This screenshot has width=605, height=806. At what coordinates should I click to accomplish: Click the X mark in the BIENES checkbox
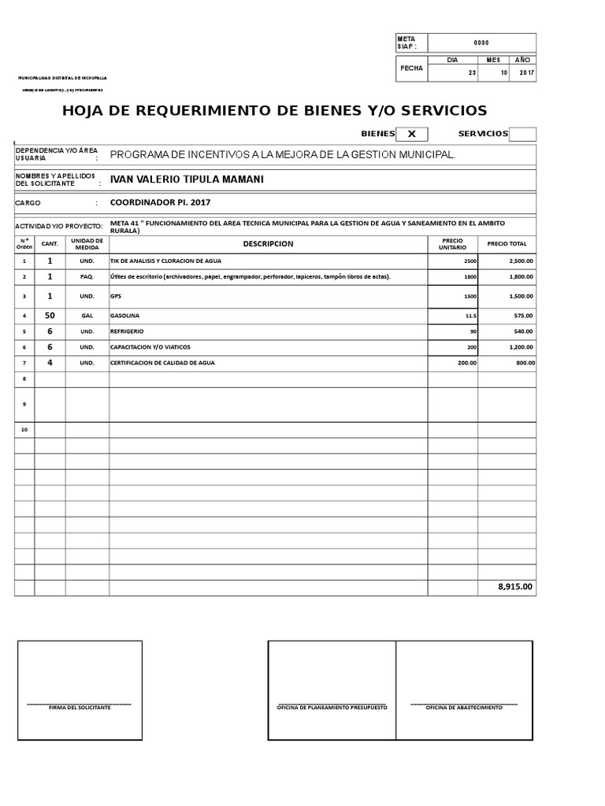[411, 134]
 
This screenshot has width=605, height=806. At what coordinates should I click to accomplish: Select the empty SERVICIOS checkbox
[522, 134]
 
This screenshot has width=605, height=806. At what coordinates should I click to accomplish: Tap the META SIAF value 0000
[481, 43]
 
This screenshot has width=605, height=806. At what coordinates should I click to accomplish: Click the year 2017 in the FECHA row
[526, 73]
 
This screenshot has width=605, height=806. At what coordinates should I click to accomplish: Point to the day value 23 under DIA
[472, 73]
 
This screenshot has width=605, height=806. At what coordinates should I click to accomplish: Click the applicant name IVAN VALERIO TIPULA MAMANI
[187, 179]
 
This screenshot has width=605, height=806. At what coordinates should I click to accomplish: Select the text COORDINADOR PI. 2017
[161, 202]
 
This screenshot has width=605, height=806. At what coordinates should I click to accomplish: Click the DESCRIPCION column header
[268, 244]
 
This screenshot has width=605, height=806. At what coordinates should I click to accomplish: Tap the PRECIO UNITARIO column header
[452, 244]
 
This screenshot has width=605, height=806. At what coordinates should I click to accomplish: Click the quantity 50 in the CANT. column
[50, 315]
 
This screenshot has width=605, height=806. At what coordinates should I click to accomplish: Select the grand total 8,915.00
[515, 586]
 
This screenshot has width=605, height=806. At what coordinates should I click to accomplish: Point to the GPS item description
[116, 296]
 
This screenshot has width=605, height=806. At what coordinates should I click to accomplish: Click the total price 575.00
[523, 315]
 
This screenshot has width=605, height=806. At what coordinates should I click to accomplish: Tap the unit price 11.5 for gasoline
[470, 315]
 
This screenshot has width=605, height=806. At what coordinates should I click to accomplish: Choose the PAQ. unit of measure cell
[87, 277]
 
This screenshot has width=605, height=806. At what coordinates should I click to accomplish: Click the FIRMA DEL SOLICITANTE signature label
[80, 708]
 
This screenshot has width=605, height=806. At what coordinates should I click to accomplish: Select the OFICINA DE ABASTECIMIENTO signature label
[464, 708]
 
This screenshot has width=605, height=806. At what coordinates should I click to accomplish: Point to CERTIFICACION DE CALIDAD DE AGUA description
[162, 363]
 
